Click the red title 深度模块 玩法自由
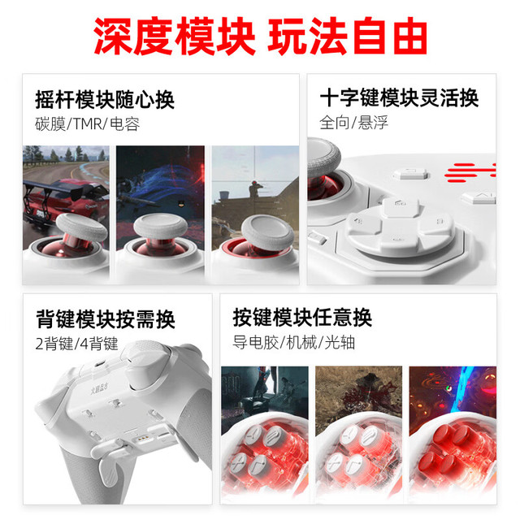click(260, 36)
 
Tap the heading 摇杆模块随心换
click(105, 99)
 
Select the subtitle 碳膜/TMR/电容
click(87, 124)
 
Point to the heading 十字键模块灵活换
click(399, 97)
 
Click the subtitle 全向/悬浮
click(353, 123)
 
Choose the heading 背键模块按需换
click(105, 319)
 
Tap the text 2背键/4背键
click(76, 343)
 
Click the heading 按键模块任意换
click(302, 318)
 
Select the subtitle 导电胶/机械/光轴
click(294, 342)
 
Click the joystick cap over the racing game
click(81, 227)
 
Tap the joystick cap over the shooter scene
click(268, 232)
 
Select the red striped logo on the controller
click(470, 172)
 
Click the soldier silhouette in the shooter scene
click(254, 190)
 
